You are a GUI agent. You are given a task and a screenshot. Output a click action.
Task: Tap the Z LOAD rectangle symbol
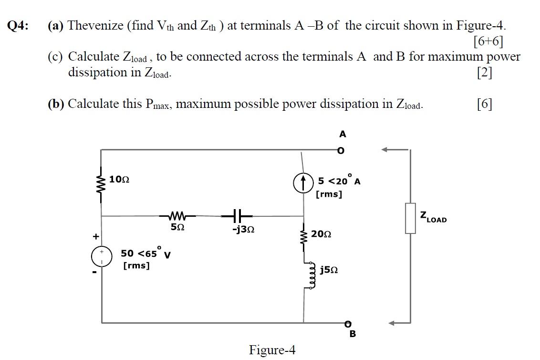tap(410, 219)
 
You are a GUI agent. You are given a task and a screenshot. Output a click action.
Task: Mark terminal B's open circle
tap(348, 324)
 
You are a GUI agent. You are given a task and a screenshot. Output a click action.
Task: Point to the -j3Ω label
tap(243, 230)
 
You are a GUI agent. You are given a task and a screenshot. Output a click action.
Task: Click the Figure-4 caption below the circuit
tap(272, 350)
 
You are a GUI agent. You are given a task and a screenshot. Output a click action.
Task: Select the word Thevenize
tap(97, 25)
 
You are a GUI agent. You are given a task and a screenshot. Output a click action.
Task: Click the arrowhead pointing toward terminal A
tap(385, 150)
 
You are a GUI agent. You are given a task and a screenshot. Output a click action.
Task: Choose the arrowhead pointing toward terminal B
tap(392, 323)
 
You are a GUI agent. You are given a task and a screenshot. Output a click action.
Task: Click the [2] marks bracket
tap(485, 73)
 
